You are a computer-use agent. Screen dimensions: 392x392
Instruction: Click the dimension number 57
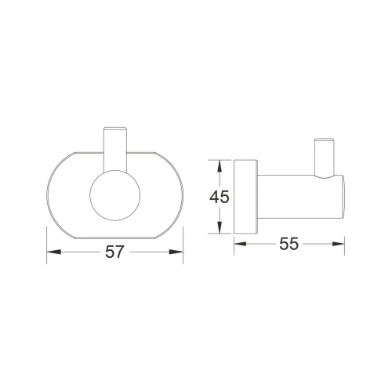tap(114, 252)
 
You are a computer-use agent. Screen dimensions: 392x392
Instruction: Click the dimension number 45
tap(220, 197)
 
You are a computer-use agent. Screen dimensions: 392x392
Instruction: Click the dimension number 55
tap(289, 244)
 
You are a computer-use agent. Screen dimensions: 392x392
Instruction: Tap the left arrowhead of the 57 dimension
tap(54, 252)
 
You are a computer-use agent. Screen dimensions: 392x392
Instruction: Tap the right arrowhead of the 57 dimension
tap(176, 252)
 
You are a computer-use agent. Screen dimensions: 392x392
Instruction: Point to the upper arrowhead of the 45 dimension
tap(220, 166)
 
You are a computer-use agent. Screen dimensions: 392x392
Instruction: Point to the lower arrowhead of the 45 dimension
tap(220, 227)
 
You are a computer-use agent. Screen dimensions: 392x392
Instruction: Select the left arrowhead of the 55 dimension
tap(241, 244)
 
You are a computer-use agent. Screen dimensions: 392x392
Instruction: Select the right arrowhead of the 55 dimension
tap(338, 244)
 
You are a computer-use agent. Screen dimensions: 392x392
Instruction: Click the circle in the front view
tap(115, 195)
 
